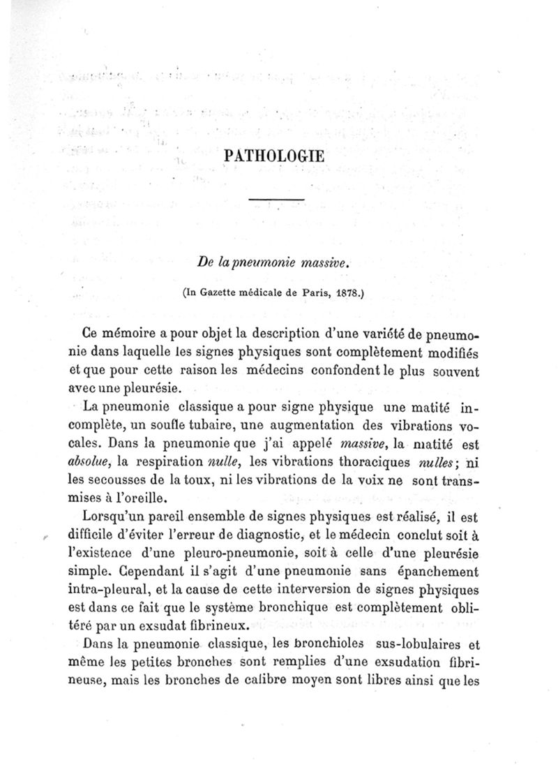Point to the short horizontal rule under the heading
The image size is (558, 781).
276,201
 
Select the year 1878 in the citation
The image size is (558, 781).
347,294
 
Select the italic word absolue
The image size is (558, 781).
91,461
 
